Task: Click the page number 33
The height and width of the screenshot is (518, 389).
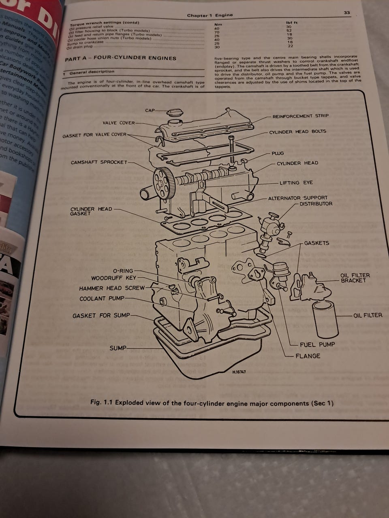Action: (x=347, y=13)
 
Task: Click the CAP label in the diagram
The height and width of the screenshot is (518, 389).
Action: (x=150, y=110)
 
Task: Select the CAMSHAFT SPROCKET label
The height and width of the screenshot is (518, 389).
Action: (x=98, y=163)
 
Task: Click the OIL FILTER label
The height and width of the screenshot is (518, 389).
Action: (x=368, y=315)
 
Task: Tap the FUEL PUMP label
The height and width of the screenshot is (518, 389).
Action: (x=317, y=344)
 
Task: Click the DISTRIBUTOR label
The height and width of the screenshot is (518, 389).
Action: (x=316, y=204)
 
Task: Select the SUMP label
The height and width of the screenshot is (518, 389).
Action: (x=118, y=348)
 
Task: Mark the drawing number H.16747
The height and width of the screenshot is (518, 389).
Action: (x=239, y=372)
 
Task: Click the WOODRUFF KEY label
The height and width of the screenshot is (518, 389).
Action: (x=113, y=278)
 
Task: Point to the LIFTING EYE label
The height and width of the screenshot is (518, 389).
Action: (x=296, y=183)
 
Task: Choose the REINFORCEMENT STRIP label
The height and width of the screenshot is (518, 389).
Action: (x=300, y=116)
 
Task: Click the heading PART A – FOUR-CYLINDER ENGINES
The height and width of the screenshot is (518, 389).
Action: (x=120, y=58)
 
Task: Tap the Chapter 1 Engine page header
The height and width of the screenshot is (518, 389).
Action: (x=209, y=15)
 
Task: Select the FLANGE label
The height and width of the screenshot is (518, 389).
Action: (x=308, y=356)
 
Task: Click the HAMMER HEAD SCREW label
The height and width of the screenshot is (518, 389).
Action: (x=111, y=289)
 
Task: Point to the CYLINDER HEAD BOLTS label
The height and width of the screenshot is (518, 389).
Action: (x=297, y=132)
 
